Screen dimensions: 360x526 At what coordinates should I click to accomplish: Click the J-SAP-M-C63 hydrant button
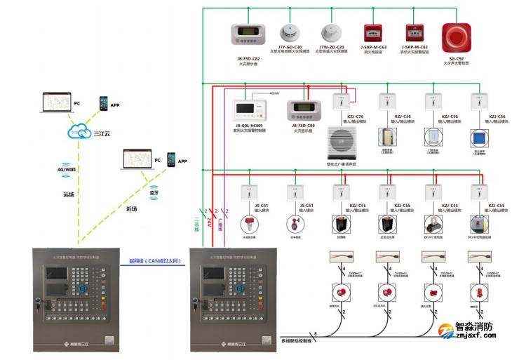coord(373,32)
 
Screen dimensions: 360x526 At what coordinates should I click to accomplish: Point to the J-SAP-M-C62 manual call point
coord(414,32)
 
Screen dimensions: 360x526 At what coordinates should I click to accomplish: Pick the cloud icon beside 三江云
coord(76,131)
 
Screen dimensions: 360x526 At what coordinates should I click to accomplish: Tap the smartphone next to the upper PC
coord(104,103)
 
